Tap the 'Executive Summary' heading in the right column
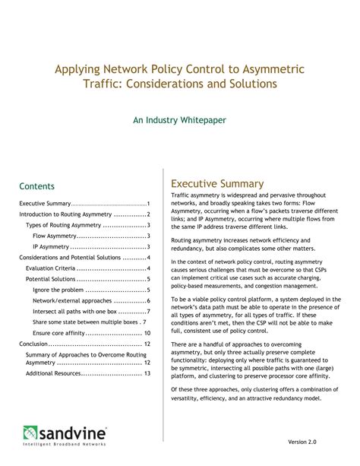pyautogui.click(x=217, y=183)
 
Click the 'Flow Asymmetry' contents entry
pyautogui.click(x=55, y=236)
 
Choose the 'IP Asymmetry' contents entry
pyautogui.click(x=51, y=247)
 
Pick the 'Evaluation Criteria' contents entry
pyautogui.click(x=51, y=268)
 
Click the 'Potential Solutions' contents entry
pyautogui.click(x=50, y=279)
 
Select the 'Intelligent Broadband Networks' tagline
pyautogui.click(x=65, y=445)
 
